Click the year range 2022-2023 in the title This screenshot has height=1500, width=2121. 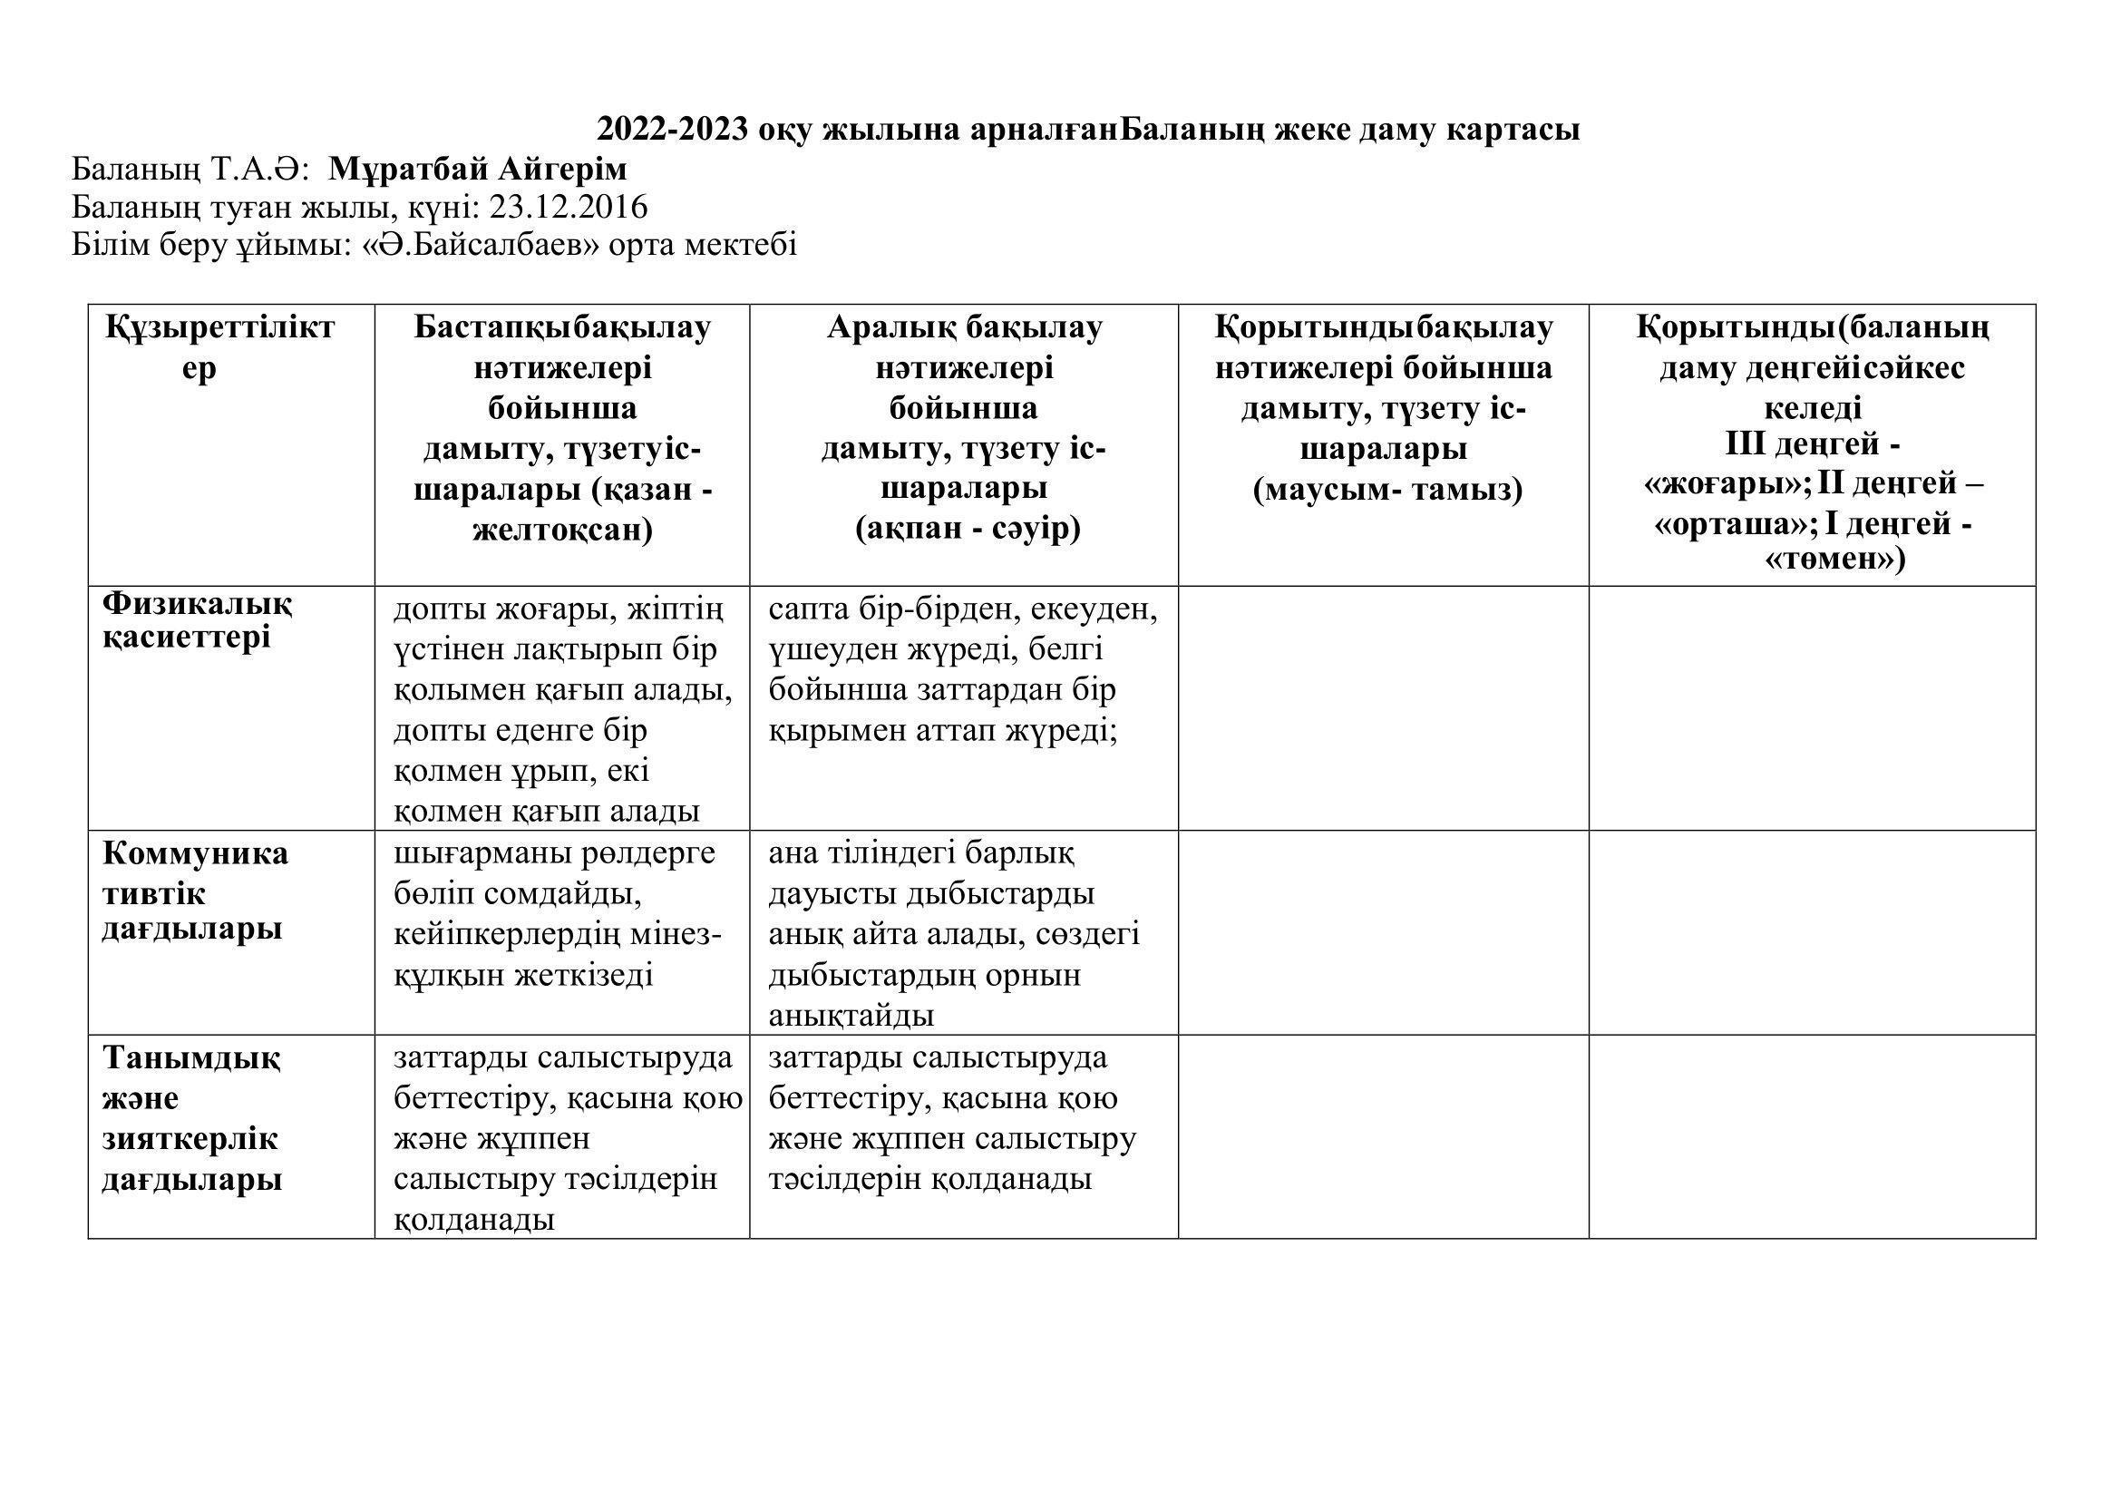pos(672,130)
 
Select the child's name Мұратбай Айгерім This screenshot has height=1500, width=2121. pos(478,169)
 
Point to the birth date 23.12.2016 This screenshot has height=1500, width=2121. pos(569,207)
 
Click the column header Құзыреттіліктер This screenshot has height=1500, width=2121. pos(219,347)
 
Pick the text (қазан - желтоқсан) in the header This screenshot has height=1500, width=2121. pos(562,510)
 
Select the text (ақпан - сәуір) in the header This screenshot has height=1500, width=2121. pos(968,530)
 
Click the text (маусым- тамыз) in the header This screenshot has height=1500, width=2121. pos(1387,489)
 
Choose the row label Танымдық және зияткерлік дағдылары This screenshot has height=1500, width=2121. pos(190,1117)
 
